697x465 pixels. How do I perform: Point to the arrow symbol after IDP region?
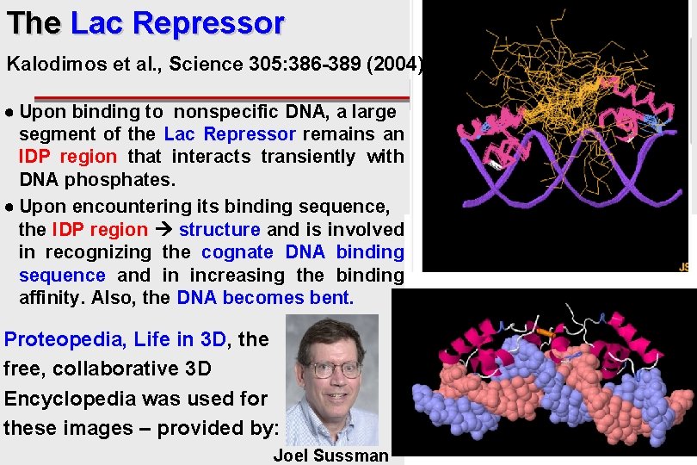[163, 230]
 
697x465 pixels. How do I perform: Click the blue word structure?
[219, 230]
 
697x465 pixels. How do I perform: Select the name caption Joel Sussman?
[330, 456]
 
